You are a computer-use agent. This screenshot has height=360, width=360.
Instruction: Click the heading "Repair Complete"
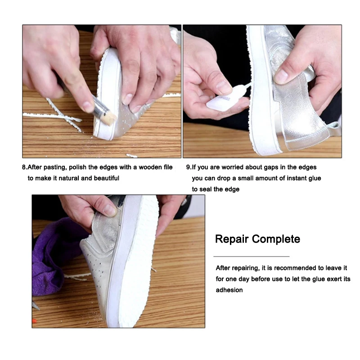(x=257, y=238)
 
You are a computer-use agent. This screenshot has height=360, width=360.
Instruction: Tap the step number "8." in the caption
(x=25, y=167)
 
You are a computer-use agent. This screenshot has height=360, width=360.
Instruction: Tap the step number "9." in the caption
(x=189, y=167)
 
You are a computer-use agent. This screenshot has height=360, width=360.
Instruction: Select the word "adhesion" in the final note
(x=229, y=290)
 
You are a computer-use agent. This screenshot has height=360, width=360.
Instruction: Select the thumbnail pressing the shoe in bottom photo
(x=108, y=210)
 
